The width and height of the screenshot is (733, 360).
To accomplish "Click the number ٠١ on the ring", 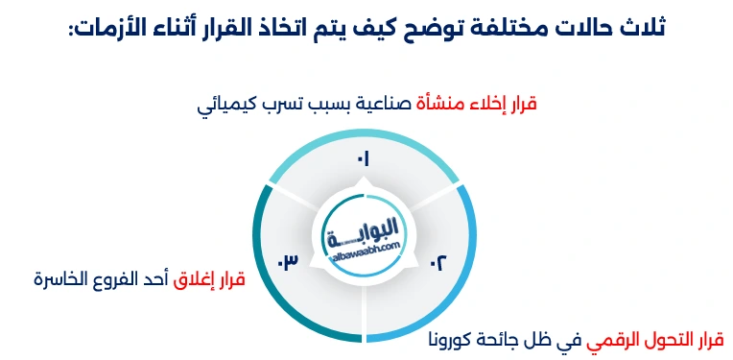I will click(364, 158).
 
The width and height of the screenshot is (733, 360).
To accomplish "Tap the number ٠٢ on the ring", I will click(437, 261).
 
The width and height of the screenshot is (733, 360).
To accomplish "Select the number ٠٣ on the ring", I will click(289, 261).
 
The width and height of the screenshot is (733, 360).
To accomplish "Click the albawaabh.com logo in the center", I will click(364, 236).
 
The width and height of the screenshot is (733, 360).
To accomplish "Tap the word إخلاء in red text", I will click(483, 103).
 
